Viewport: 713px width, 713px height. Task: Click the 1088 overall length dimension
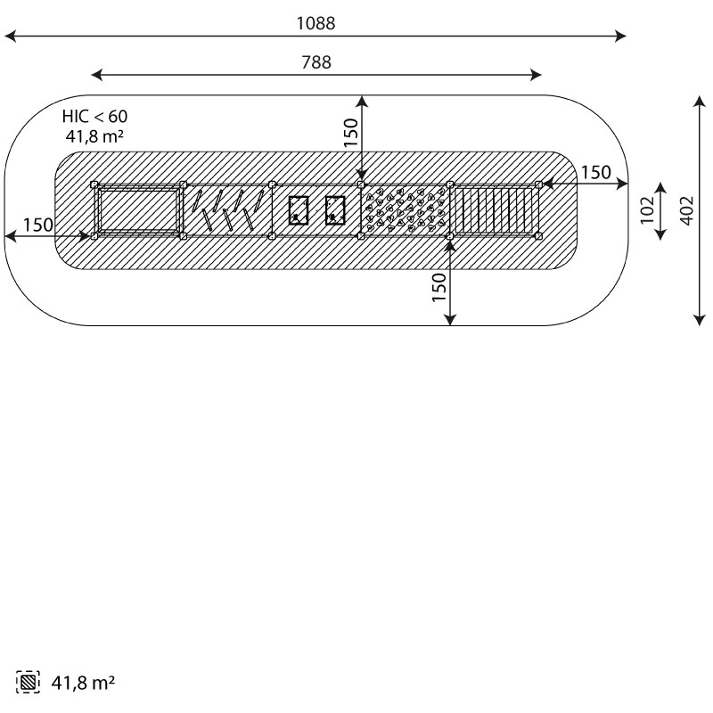point(316,24)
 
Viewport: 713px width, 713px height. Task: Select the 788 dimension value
point(316,62)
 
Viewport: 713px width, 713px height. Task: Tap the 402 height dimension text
point(687,210)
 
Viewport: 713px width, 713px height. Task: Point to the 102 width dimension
point(647,210)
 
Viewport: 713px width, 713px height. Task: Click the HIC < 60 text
point(95,117)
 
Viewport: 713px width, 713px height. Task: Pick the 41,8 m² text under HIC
point(94,136)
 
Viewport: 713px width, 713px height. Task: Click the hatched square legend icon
point(28,682)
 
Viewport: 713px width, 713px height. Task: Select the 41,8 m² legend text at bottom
point(83,683)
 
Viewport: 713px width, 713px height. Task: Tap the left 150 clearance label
point(38,225)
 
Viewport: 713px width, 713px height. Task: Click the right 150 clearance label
point(596,172)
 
